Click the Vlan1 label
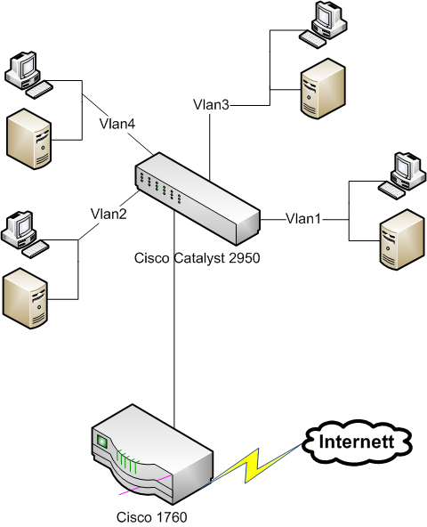click(x=303, y=219)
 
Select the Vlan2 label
click(x=109, y=214)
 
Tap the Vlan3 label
click(x=211, y=105)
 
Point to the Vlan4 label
click(x=117, y=124)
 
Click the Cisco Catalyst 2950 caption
click(x=197, y=258)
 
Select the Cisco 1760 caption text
click(x=151, y=517)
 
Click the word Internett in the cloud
click(x=357, y=442)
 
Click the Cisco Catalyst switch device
click(x=197, y=199)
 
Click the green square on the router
click(x=101, y=442)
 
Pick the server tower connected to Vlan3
click(x=323, y=89)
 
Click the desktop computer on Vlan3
click(x=323, y=24)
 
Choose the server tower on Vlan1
click(x=402, y=239)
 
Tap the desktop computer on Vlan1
click(x=402, y=175)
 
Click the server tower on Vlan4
click(x=28, y=139)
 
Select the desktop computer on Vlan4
click(x=28, y=75)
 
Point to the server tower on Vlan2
click(x=25, y=298)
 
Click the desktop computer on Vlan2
click(x=25, y=235)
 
